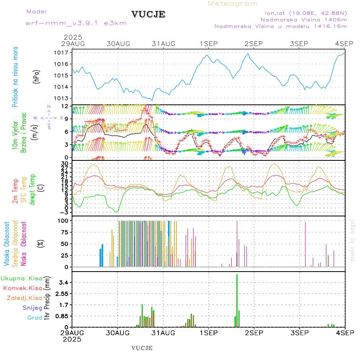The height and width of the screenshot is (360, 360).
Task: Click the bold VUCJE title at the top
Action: pyautogui.click(x=148, y=14)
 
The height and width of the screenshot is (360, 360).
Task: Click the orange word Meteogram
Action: pyautogui.click(x=233, y=4)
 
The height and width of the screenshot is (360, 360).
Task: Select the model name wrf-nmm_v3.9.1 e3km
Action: pyautogui.click(x=76, y=23)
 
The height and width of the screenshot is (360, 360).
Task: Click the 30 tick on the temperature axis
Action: pyautogui.click(x=65, y=164)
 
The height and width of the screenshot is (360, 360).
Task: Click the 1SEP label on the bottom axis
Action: pyautogui.click(x=208, y=332)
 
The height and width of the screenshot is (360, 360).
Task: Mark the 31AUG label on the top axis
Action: pyautogui.click(x=163, y=44)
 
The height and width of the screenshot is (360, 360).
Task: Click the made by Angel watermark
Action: pyautogui.click(x=352, y=240)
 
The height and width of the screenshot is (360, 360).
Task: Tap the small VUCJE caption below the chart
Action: pyautogui.click(x=142, y=348)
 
